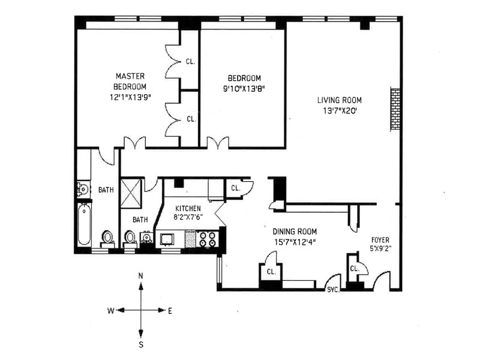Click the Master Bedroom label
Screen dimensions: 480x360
[130, 81]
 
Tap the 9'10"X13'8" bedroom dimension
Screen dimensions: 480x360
[244, 89]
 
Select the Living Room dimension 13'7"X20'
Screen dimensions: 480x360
[340, 110]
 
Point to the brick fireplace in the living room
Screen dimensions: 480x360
[395, 109]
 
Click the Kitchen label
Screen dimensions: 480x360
[188, 208]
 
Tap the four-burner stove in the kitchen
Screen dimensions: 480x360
[208, 239]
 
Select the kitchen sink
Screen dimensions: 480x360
[167, 239]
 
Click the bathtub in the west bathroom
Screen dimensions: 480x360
[84, 224]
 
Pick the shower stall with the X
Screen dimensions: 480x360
[131, 193]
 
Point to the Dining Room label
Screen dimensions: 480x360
[295, 232]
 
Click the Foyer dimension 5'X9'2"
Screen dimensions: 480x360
[380, 248]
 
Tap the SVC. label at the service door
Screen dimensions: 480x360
[334, 290]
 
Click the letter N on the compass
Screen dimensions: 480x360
[141, 276]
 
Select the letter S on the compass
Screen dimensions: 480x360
[141, 344]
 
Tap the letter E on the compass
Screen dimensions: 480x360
[170, 311]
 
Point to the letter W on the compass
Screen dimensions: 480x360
[111, 311]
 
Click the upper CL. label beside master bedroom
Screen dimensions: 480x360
[190, 62]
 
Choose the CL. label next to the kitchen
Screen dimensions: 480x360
[235, 188]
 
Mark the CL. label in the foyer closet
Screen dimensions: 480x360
[355, 269]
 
